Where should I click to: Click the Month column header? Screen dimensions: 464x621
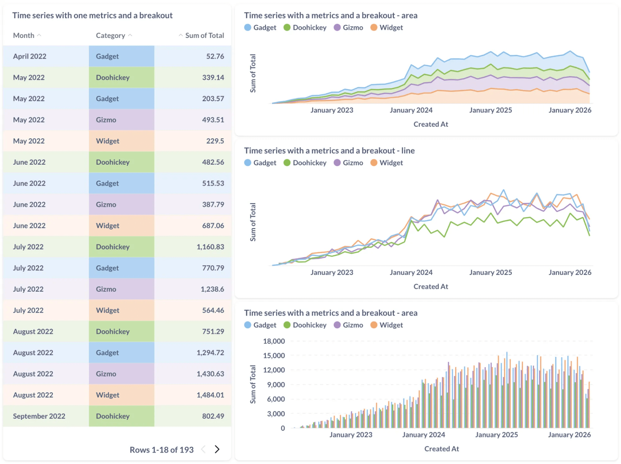point(24,35)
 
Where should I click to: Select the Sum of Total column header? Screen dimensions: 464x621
point(204,35)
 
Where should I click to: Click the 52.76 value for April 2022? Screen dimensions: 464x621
point(215,56)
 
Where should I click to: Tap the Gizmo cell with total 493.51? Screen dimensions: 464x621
point(106,120)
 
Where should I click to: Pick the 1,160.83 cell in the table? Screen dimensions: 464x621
point(210,247)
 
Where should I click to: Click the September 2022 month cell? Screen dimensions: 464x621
point(39,416)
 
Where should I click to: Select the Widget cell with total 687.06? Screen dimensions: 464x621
point(107,226)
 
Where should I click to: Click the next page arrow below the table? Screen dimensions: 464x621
point(217,449)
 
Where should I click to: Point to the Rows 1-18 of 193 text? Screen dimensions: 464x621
point(162,450)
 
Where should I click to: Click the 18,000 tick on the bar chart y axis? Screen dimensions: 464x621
point(274,341)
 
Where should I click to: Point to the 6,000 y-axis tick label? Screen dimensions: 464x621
point(276,399)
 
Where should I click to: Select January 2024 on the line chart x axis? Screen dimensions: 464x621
point(411,273)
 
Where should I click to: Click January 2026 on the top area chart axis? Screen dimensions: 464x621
point(570,110)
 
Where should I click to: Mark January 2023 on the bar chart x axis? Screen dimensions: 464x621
point(351,435)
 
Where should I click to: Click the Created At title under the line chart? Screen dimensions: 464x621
point(431,287)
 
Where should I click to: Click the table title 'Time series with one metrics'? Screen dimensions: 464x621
point(92,16)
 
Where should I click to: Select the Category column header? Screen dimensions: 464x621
point(110,35)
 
